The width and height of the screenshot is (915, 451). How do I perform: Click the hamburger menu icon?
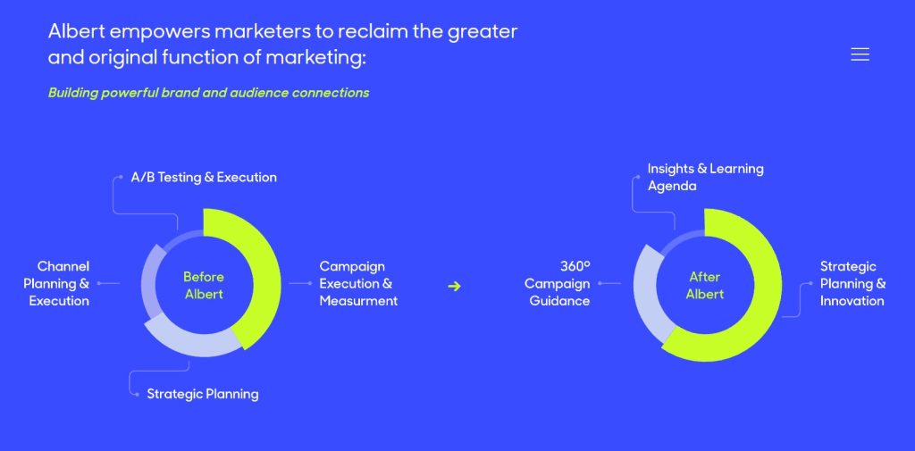[x=860, y=54]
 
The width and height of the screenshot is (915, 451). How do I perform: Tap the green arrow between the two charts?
[x=454, y=286]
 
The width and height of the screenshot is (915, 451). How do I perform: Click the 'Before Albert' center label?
[x=204, y=285]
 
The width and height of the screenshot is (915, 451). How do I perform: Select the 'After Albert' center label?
[x=705, y=285]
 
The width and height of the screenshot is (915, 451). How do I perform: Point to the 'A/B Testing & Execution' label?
[x=204, y=177]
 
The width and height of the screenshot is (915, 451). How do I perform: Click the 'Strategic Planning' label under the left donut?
[x=202, y=394]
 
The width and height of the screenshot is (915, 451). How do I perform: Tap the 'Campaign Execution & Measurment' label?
[x=358, y=283]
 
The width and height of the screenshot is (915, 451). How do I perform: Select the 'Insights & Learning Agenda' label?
[x=705, y=177]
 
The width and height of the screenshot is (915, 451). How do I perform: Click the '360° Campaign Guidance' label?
[x=558, y=283]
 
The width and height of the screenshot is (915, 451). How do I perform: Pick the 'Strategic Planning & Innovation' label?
[x=852, y=283]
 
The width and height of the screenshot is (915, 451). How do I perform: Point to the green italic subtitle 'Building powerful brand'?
[x=208, y=93]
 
